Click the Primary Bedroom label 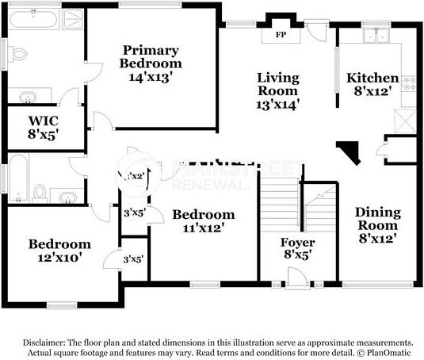151,56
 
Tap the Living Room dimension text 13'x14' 277,102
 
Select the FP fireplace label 281,36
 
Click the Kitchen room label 372,78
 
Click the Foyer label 298,242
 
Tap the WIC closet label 44,121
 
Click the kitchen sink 373,36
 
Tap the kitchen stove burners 410,83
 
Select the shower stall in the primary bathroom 73,19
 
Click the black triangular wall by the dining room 348,151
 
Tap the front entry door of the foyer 297,278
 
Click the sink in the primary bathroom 29,98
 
